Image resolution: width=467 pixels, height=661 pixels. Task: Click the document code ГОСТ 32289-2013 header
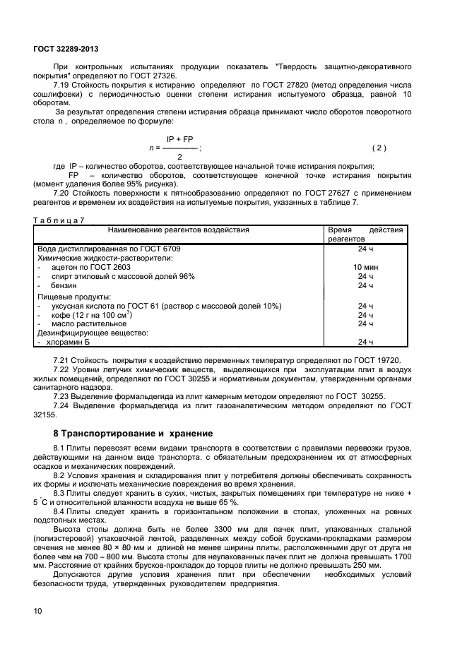pyautogui.click(x=66, y=49)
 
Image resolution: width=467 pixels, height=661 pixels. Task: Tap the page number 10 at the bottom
pyautogui.click(x=37, y=610)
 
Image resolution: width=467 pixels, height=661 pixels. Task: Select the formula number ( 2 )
pyautogui.click(x=379, y=148)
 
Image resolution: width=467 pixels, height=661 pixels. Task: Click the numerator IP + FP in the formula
pyautogui.click(x=179, y=140)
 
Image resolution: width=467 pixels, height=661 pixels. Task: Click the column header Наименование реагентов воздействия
pyautogui.click(x=178, y=230)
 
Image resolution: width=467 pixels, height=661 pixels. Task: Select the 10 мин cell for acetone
pyautogui.click(x=365, y=268)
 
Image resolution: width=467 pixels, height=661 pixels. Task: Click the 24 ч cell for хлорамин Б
pyautogui.click(x=365, y=342)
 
